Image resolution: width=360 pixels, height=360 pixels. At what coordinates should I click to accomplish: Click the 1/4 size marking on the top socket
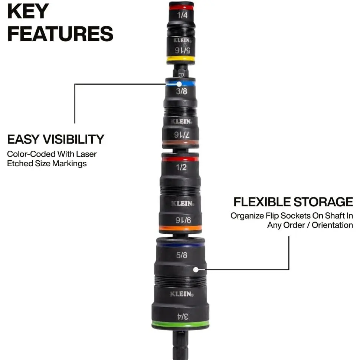click(182, 15)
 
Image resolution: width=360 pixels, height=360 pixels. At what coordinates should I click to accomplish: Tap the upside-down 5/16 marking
click(183, 50)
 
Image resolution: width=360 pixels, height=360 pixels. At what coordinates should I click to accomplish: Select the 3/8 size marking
click(181, 91)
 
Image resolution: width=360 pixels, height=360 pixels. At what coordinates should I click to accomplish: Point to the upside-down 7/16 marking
click(181, 135)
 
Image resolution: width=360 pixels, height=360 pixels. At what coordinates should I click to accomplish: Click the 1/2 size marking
click(181, 167)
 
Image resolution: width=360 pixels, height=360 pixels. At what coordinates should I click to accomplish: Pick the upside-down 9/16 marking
click(183, 220)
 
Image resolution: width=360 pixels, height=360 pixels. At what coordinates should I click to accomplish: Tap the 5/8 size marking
click(181, 255)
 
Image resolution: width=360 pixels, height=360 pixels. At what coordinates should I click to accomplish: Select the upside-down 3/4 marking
click(183, 317)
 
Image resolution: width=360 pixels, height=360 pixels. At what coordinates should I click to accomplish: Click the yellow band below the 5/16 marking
click(181, 59)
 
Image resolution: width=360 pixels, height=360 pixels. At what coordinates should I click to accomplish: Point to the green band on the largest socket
click(180, 324)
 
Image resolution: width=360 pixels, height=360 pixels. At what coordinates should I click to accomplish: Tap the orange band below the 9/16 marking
click(180, 228)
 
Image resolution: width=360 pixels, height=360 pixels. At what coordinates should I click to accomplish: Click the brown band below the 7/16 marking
click(180, 143)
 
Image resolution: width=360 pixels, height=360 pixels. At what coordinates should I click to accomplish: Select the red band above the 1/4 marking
click(181, 7)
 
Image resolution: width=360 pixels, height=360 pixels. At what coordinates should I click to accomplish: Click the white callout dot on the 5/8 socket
click(196, 269)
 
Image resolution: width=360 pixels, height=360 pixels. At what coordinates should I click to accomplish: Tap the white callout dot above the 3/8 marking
click(179, 84)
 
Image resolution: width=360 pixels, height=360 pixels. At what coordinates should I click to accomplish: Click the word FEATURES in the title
click(60, 34)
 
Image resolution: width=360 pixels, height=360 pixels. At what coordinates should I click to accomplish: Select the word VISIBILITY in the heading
click(73, 140)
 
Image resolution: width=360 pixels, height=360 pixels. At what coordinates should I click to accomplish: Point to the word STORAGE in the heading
click(323, 202)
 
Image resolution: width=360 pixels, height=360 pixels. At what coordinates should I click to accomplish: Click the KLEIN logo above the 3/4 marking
click(182, 294)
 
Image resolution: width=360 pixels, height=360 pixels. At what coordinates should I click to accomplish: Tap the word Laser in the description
click(86, 154)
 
